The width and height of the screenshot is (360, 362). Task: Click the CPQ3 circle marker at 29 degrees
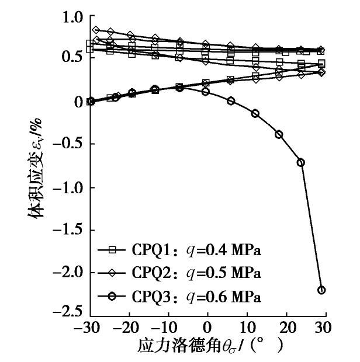321,290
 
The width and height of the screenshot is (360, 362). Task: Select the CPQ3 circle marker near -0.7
300,162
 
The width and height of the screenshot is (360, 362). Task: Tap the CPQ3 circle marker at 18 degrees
279,134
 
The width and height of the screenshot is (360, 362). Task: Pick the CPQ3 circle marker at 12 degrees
255,113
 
